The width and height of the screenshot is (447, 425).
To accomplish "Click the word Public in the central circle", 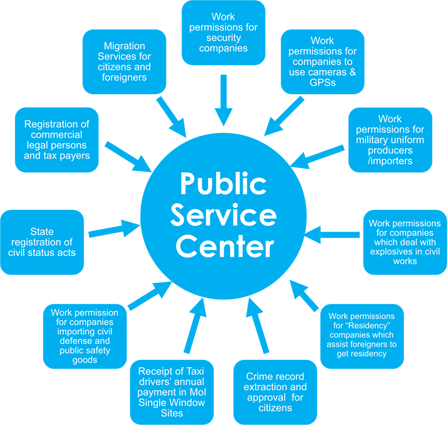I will pos(223,184).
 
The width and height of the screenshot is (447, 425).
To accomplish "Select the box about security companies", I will pos(223,32).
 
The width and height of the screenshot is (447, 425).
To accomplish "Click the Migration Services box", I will pos(124,62).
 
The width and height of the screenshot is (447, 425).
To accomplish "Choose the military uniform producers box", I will pos(390,140).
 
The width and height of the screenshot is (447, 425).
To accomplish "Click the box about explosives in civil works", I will pos(404,242).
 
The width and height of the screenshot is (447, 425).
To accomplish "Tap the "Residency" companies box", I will pos(362,335).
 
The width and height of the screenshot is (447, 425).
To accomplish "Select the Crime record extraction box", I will pos(276,392).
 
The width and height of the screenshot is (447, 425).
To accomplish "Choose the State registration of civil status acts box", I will pos(42,242).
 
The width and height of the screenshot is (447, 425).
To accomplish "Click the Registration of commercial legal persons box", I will pos(57,140).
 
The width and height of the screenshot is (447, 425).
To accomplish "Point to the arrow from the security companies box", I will pos(223,99).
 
